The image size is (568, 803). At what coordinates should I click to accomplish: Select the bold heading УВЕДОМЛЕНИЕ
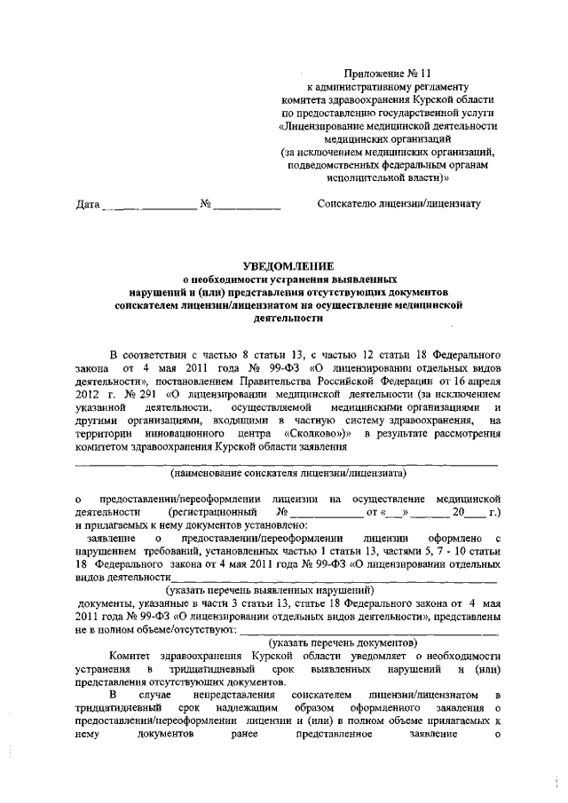click(x=289, y=264)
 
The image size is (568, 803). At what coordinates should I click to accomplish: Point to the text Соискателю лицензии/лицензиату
click(x=398, y=205)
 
